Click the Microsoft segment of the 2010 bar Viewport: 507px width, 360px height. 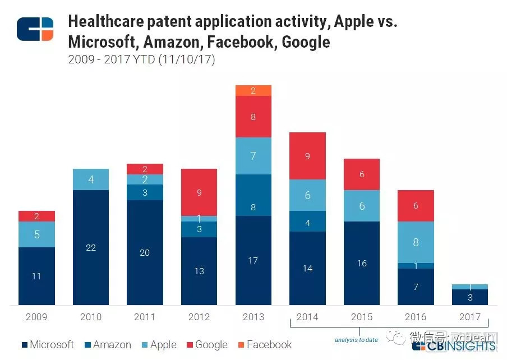point(91,247)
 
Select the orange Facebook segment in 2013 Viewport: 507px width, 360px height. point(253,91)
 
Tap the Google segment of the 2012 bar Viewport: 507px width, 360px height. point(199,192)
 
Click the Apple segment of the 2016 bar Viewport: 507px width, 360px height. point(416,242)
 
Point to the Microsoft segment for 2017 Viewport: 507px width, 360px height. point(470,297)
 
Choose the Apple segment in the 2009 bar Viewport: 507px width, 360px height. point(36,234)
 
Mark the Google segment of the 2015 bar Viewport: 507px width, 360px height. point(362,174)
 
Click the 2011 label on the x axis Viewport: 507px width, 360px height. point(145,317)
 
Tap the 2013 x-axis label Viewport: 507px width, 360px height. point(253,317)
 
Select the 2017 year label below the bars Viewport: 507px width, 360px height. point(470,317)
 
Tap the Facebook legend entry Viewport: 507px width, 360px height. point(264,345)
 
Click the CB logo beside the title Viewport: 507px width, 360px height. point(35,29)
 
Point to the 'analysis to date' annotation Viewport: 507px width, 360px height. point(357,340)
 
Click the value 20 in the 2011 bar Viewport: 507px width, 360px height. point(145,253)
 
